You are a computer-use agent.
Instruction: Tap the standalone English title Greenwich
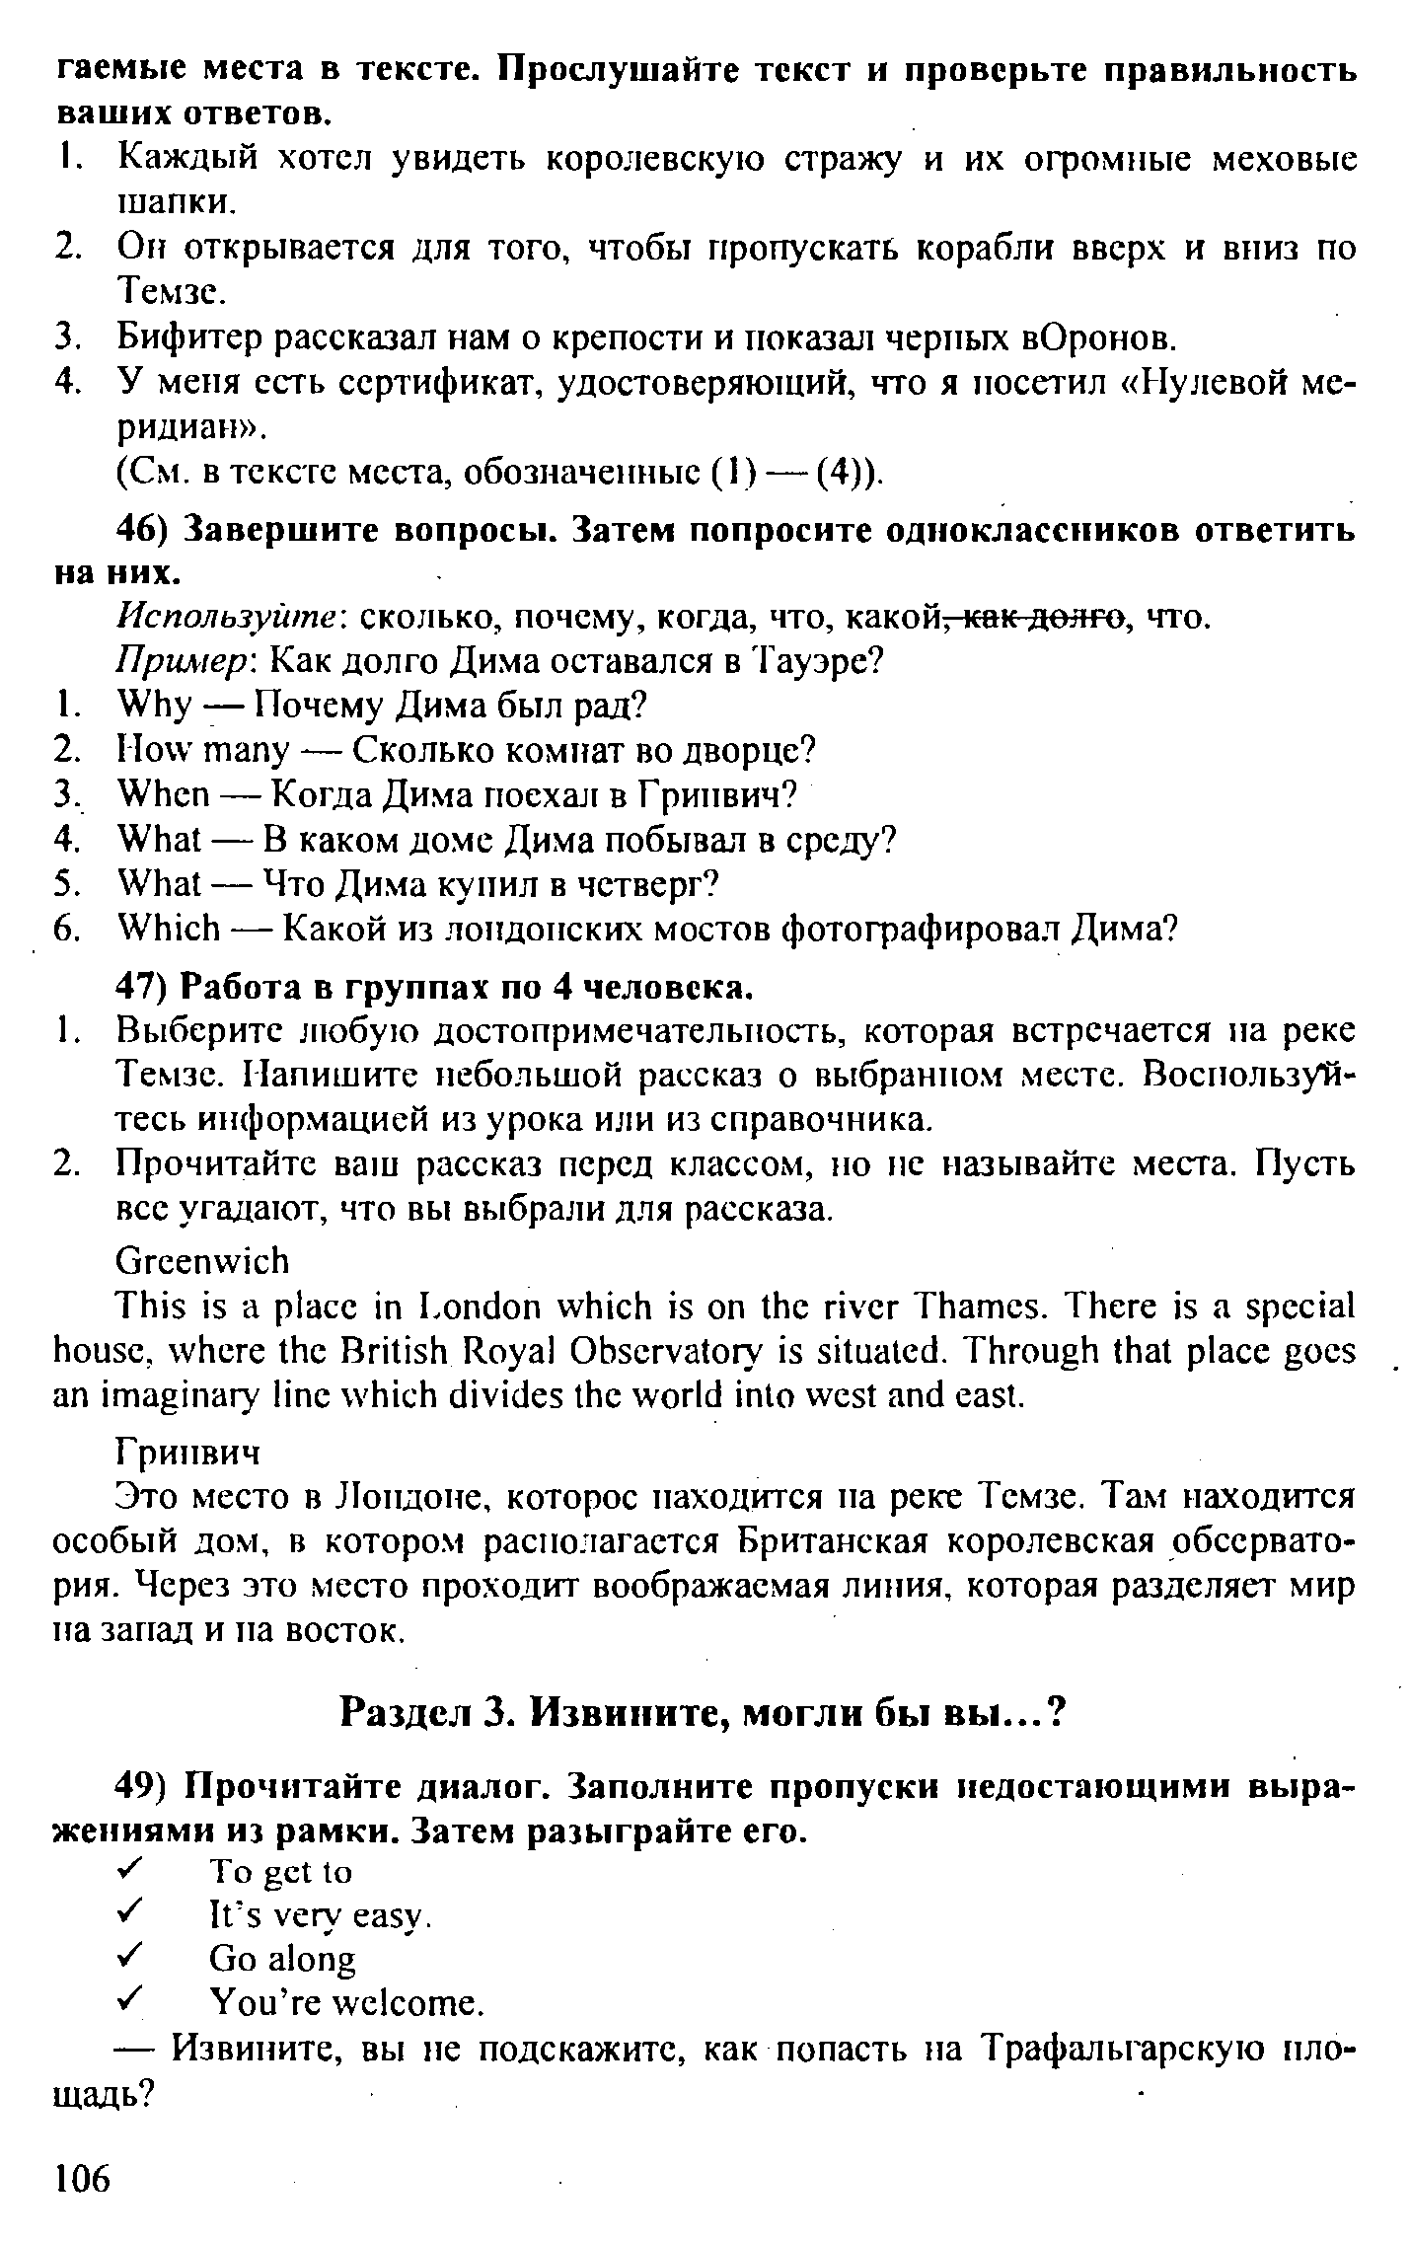[203, 1261]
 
